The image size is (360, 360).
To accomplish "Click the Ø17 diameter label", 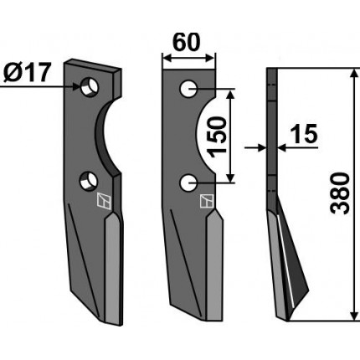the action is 27,73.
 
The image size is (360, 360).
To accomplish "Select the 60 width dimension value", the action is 187,42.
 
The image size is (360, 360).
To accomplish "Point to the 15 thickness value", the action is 304,133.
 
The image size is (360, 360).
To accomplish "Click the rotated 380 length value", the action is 340,193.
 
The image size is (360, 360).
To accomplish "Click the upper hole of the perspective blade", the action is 90,87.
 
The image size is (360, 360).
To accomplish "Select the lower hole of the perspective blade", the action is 88,181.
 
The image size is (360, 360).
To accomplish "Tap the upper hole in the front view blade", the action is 188,89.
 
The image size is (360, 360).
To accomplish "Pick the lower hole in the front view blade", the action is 188,183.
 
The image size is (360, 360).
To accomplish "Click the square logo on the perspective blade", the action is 104,200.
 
